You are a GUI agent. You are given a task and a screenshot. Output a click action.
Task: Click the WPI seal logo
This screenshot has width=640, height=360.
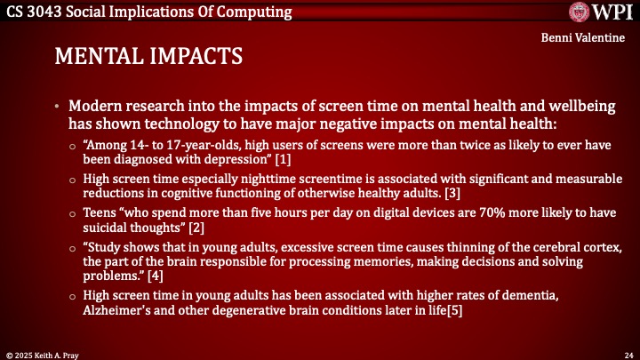(x=580, y=12)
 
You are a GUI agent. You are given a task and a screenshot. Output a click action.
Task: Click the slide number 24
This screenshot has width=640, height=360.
(x=628, y=356)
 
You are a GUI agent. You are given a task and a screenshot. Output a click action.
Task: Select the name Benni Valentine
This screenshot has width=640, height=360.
(x=583, y=37)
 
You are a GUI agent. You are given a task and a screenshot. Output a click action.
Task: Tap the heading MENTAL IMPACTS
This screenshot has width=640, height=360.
(x=148, y=56)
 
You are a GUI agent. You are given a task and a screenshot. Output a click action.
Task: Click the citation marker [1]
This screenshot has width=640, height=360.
(x=283, y=159)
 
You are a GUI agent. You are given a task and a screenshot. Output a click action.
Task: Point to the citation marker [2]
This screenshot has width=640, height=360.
(x=196, y=228)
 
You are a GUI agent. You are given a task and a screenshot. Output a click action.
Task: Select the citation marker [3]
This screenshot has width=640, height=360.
(x=452, y=193)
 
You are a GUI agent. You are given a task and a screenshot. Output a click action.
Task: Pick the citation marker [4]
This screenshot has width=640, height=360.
(x=155, y=276)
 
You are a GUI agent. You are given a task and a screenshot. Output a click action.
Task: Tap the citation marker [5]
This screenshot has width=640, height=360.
(x=455, y=310)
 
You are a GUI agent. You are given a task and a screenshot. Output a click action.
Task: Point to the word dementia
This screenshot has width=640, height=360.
(x=530, y=295)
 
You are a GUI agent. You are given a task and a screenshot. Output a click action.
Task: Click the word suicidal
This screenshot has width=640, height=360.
(x=105, y=228)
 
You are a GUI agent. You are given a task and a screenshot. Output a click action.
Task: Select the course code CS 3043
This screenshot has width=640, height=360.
(x=34, y=12)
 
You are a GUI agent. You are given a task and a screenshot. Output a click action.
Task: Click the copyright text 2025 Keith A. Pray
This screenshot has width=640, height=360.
(x=46, y=356)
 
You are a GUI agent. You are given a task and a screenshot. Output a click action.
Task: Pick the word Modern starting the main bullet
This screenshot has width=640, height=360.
(x=95, y=106)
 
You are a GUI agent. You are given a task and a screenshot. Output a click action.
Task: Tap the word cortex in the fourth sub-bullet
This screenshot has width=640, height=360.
(x=605, y=247)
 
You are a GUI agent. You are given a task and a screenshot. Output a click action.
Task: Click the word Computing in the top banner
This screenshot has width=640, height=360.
(x=254, y=12)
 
